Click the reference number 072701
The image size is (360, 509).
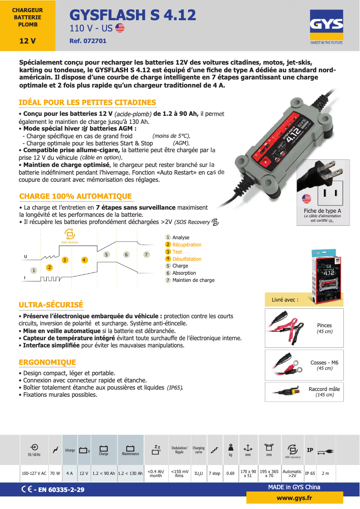click(x=88, y=41)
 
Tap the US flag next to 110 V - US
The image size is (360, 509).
click(x=120, y=28)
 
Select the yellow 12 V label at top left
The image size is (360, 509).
click(x=27, y=41)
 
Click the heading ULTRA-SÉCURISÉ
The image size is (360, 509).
click(x=51, y=305)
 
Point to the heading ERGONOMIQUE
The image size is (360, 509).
click(x=47, y=362)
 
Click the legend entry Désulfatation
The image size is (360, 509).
click(x=187, y=259)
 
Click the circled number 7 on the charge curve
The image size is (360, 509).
click(x=146, y=254)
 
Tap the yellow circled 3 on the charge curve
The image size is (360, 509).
click(x=65, y=260)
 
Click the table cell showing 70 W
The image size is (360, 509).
click(x=55, y=474)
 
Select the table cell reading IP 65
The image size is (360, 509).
click(x=310, y=474)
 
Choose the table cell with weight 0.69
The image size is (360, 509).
click(x=230, y=474)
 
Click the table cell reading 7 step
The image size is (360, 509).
click(x=215, y=474)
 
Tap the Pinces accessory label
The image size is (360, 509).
click(x=324, y=325)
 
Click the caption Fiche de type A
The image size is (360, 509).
click(x=322, y=211)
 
